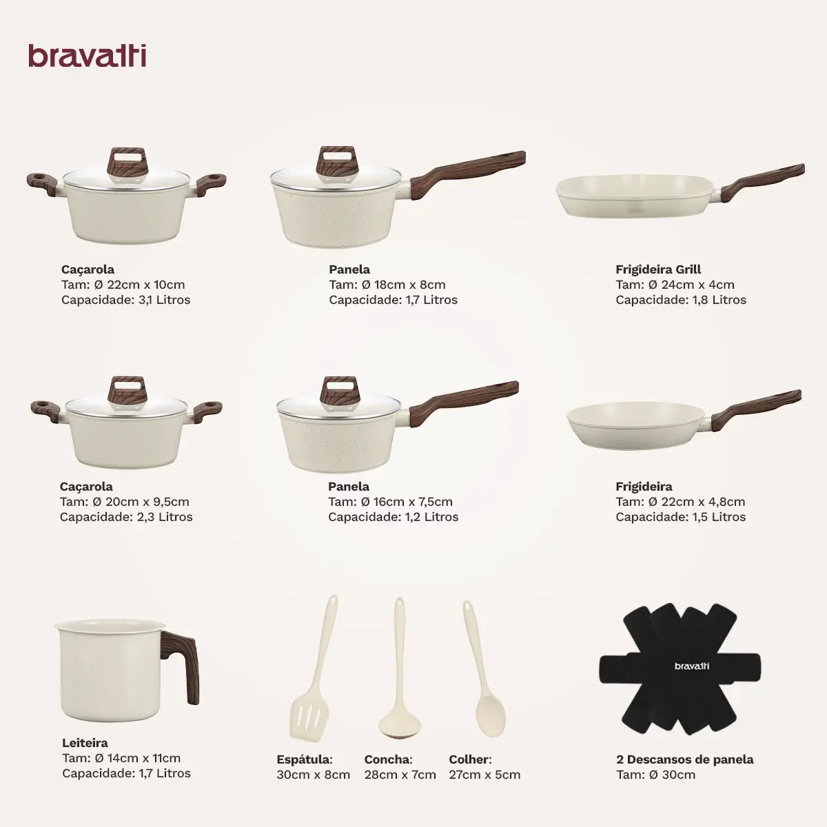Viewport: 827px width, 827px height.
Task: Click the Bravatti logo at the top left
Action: tap(87, 56)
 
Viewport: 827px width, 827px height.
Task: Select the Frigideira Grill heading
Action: tap(658, 269)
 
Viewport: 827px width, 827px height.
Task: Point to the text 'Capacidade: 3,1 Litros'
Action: tap(125, 300)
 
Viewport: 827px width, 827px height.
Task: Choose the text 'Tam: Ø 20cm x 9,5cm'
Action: tap(124, 502)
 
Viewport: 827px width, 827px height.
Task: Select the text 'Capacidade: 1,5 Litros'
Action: tap(680, 517)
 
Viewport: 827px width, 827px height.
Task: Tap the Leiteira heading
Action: tap(85, 743)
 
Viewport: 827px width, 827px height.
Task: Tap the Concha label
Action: tap(388, 759)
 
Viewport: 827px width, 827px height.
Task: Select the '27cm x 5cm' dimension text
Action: tap(484, 775)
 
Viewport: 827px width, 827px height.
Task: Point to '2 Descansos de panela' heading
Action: tap(684, 759)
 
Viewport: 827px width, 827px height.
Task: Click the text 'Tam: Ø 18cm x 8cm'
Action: tap(387, 285)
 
